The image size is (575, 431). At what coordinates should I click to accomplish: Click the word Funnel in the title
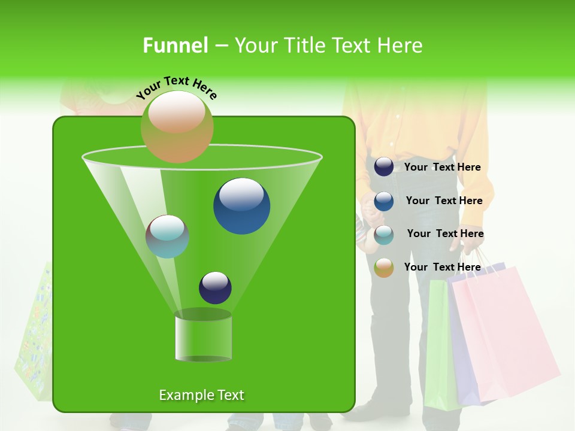coord(175,45)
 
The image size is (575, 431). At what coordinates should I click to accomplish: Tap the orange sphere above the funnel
coord(177,126)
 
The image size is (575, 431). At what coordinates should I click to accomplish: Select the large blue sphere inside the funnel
coord(241,206)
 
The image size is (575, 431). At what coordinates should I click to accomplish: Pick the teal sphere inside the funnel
coord(167,236)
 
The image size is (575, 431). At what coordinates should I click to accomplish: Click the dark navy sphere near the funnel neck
coord(215,287)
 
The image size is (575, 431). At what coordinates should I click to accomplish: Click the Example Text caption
coord(201,395)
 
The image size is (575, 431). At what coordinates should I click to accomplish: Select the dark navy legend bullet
coord(384,167)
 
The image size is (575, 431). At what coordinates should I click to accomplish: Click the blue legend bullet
coord(384,201)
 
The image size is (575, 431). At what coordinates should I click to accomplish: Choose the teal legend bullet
coord(384,235)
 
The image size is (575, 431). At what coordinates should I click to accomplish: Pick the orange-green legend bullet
coord(384,268)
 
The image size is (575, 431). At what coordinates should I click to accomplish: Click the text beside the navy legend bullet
coord(442,168)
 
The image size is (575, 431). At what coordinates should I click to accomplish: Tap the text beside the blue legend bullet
coord(444,201)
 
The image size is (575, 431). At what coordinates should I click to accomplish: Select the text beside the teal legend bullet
coord(445,234)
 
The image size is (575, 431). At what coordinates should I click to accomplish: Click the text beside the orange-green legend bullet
coord(442,268)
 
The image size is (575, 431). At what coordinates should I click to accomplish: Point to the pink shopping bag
coord(503,335)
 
